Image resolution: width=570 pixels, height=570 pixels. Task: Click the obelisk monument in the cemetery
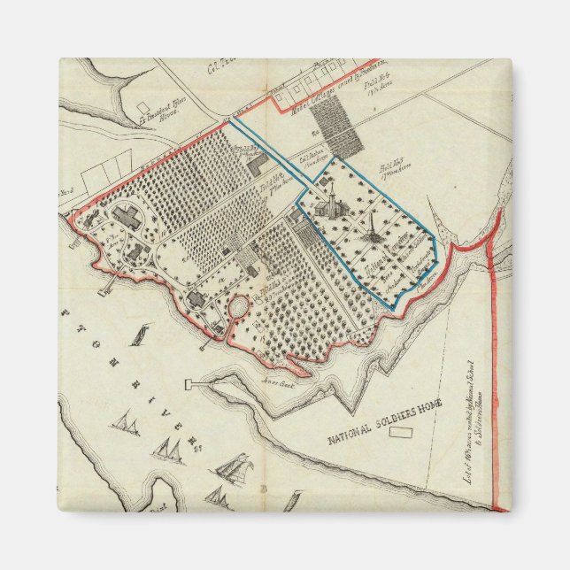coord(373,234)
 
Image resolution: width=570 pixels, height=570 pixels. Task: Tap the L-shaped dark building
coord(257,163)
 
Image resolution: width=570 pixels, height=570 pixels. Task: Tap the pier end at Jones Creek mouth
coord(188,384)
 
